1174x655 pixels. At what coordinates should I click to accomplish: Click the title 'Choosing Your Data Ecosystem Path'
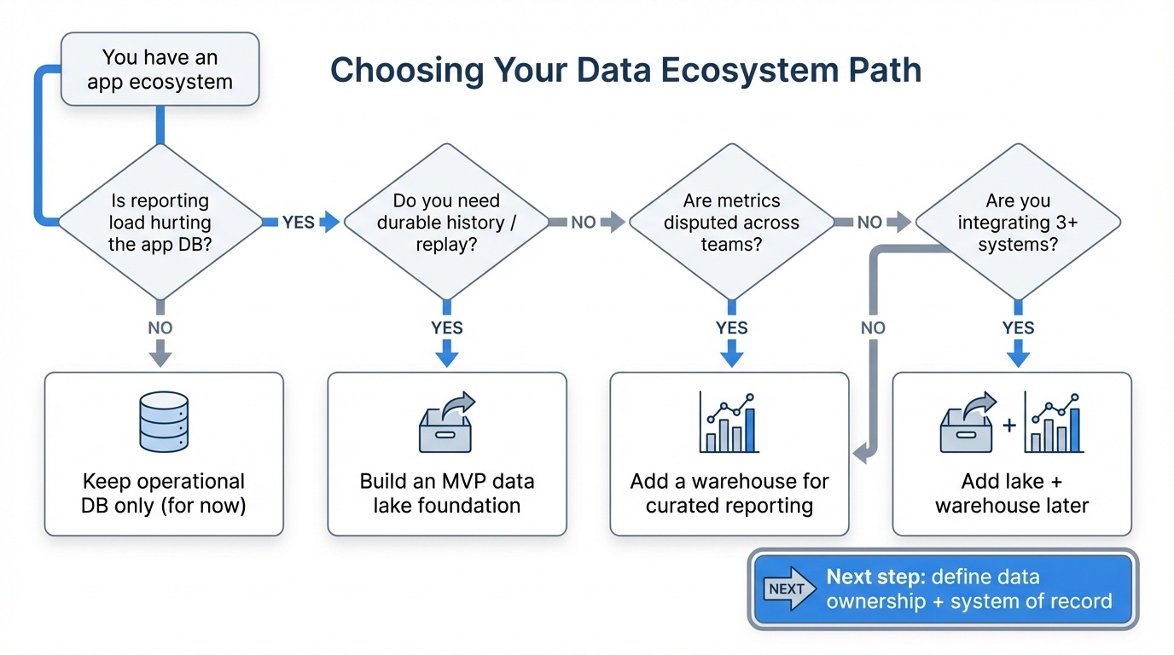pos(625,71)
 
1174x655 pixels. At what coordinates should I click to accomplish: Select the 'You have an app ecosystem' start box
pos(160,70)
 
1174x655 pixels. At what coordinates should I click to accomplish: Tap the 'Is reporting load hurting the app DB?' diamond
pos(160,223)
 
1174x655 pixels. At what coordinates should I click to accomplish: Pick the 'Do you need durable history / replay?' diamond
pos(446,223)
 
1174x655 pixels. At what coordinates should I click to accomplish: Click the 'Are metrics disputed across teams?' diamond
pos(731,223)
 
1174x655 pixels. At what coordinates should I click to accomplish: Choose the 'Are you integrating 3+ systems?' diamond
pos(1017,223)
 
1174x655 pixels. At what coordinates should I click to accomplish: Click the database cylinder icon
pos(163,421)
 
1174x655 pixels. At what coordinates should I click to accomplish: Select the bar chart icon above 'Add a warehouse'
pos(728,422)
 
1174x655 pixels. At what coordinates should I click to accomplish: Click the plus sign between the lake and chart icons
pos(1009,424)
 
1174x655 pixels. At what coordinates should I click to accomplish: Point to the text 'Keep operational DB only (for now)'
pos(163,493)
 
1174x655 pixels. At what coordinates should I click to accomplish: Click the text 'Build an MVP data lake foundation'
pos(446,493)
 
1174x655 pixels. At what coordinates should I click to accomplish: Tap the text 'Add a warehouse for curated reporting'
pos(729,493)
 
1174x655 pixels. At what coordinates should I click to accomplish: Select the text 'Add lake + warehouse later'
pos(1011,493)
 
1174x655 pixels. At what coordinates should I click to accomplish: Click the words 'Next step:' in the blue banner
pos(874,577)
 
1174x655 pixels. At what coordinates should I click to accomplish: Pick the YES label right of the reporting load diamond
pos(299,223)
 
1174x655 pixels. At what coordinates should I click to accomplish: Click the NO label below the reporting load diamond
pos(160,327)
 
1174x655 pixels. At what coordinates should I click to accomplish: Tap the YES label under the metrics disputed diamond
pos(731,327)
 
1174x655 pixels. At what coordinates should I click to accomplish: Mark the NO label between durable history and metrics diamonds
pos(584,223)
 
